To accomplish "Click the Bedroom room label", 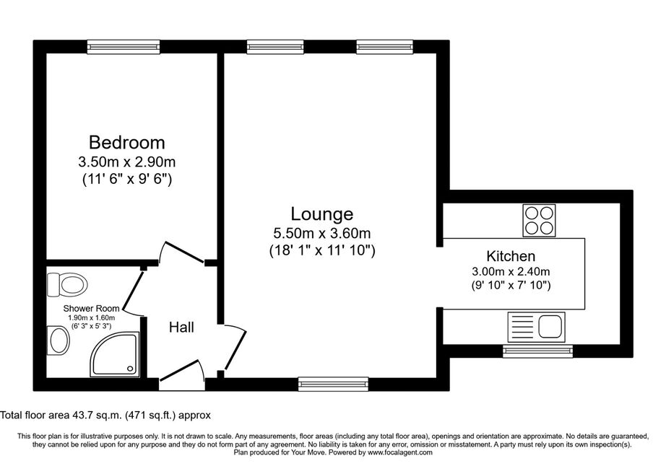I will [x=126, y=141].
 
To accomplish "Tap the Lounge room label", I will [x=321, y=214].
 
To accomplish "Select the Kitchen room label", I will [x=511, y=256].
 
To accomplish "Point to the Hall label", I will [x=181, y=327].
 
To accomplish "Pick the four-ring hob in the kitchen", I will [x=540, y=220].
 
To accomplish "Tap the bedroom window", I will [x=124, y=47].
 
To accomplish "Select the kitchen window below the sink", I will [x=537, y=351].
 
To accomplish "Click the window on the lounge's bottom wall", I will [x=333, y=384].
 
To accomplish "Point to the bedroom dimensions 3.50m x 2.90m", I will [x=126, y=162].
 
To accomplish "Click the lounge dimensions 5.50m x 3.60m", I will [x=321, y=233].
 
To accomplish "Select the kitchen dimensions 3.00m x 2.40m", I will [x=511, y=272].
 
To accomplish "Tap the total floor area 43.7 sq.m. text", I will [x=105, y=415].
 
